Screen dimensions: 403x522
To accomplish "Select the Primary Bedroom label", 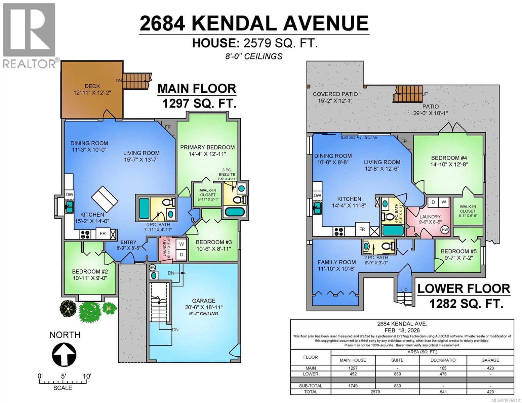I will (x=207, y=147).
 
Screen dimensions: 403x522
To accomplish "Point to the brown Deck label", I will (x=92, y=86).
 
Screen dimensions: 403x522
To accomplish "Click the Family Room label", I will (x=336, y=262).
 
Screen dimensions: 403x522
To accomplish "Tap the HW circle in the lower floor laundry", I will (x=445, y=230).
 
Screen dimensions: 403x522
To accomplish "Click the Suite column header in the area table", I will (x=397, y=360).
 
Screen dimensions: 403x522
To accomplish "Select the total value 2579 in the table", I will (x=375, y=392).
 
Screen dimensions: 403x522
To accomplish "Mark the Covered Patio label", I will (x=335, y=94).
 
